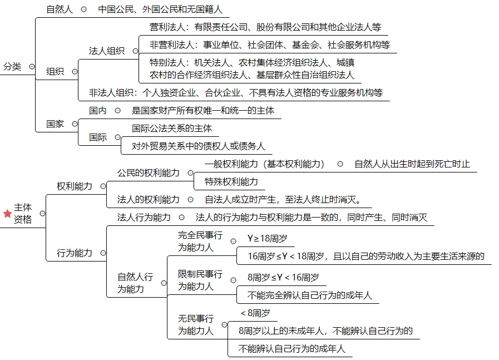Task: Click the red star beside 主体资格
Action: tap(7, 214)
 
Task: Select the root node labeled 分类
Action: tap(12, 67)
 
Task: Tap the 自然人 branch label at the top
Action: tap(60, 9)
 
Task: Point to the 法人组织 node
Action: tap(107, 51)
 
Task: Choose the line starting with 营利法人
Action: tap(265, 27)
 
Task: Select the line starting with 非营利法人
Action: tap(269, 45)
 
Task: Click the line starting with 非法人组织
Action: tap(236, 92)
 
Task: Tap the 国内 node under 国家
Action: tap(98, 111)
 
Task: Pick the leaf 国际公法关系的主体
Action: tap(171, 128)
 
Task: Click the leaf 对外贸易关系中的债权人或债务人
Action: tap(198, 146)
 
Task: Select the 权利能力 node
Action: tap(75, 186)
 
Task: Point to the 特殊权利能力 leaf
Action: tap(231, 181)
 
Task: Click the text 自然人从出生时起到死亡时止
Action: tap(412, 164)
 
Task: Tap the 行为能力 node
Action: tap(75, 253)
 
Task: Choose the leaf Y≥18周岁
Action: tap(267, 239)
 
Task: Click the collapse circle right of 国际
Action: tap(117, 137)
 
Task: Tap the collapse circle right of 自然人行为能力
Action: tap(164, 283)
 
